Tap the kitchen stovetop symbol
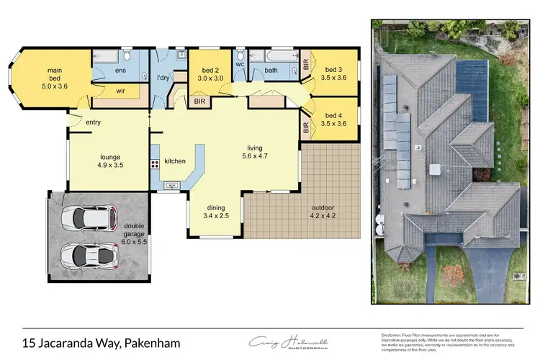[x=155, y=166]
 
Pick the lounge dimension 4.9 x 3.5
[x=109, y=164]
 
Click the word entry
[x=93, y=122]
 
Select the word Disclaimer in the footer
[x=392, y=335]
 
